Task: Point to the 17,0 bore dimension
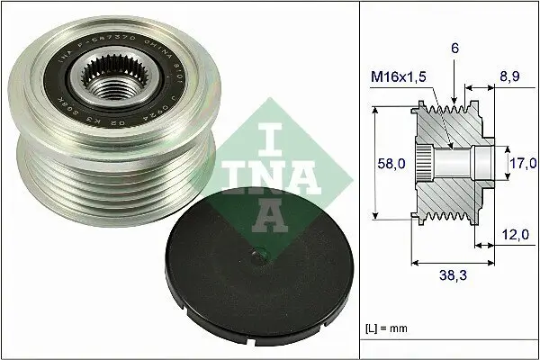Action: point(523,163)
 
